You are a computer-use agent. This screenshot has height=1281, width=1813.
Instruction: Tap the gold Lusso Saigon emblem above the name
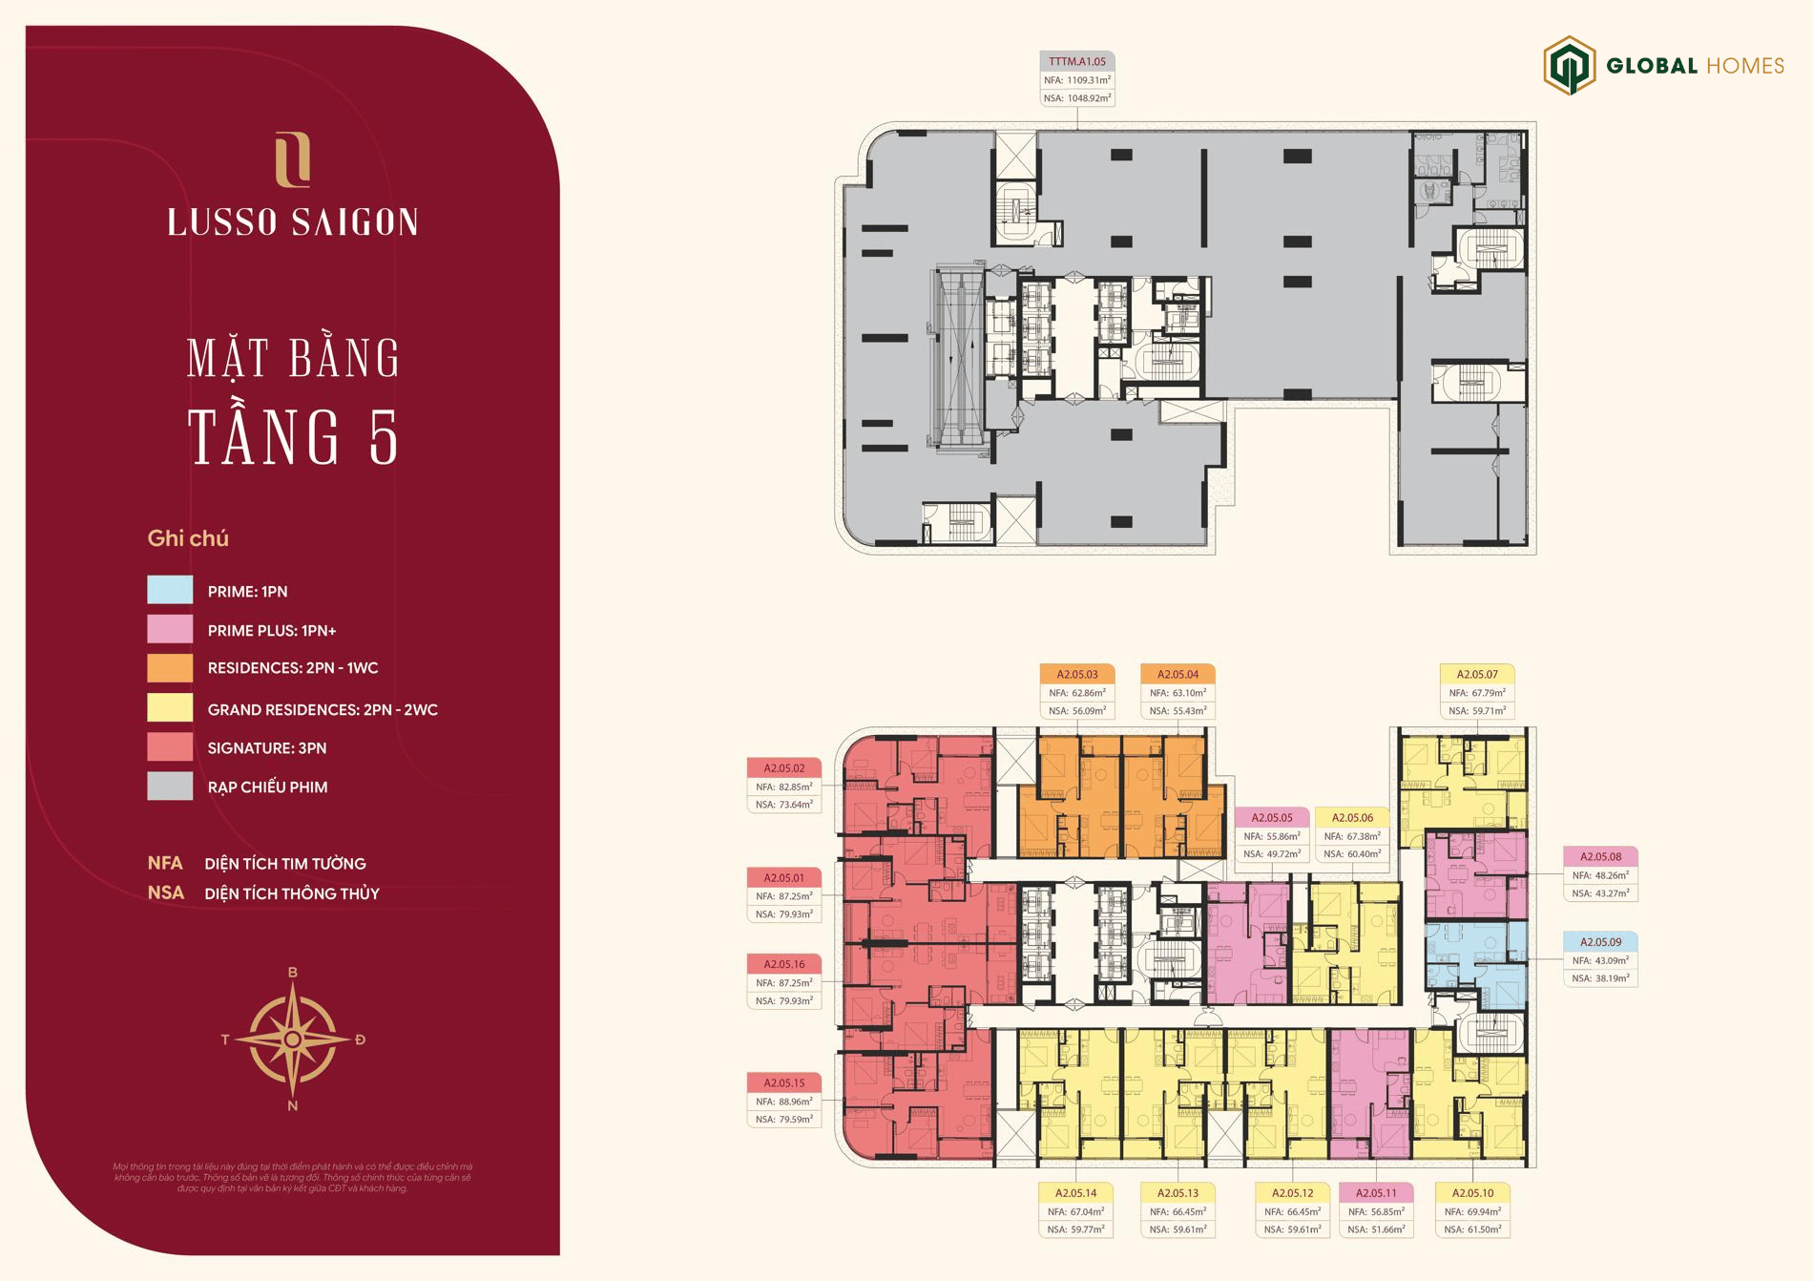[292, 159]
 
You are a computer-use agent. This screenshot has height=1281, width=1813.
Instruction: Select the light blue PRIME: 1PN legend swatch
[170, 590]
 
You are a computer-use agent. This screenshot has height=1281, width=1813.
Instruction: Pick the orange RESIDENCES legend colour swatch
[170, 667]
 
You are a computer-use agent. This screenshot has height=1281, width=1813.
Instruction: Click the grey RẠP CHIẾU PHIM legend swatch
[170, 787]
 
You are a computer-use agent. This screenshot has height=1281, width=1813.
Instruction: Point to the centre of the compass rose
[293, 1039]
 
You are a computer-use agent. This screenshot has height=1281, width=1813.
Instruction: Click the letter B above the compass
[293, 973]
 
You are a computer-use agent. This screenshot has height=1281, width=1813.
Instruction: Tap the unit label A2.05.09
[1600, 941]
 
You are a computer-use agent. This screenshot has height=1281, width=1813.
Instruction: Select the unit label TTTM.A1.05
[1076, 61]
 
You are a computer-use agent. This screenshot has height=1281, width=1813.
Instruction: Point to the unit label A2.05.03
[1076, 674]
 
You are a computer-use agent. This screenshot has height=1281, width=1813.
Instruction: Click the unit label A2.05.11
[1376, 1192]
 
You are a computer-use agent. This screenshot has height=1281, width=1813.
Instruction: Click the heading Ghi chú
[188, 538]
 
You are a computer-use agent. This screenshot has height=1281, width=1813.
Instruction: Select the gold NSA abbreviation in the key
[165, 893]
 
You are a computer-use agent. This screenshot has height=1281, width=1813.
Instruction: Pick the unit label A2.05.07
[1477, 674]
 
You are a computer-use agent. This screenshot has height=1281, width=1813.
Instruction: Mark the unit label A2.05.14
[1075, 1192]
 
